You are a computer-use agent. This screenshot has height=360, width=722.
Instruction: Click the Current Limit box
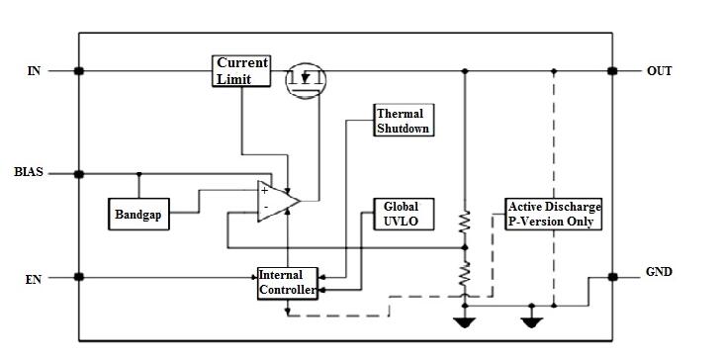[x=241, y=71]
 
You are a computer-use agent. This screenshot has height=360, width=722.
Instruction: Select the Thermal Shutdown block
[x=404, y=121]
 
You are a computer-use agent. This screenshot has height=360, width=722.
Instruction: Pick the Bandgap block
[x=138, y=215]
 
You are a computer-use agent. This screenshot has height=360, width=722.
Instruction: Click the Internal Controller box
[x=287, y=283]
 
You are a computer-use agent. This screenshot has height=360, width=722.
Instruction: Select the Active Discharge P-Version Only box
[x=553, y=214]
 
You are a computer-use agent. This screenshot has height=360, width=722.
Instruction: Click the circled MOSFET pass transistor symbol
[x=306, y=79]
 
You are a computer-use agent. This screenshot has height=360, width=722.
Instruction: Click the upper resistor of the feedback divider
[x=465, y=226]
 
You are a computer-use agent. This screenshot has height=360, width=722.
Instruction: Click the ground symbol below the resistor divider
[x=465, y=320]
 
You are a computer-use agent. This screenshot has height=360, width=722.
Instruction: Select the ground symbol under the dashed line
[x=532, y=320]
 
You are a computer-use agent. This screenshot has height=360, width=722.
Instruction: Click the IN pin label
[x=34, y=71]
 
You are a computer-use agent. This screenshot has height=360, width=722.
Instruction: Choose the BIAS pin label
[x=29, y=173]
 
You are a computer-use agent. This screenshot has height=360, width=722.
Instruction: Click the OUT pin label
[x=660, y=71]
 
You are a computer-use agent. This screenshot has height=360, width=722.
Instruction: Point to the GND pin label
[x=660, y=271]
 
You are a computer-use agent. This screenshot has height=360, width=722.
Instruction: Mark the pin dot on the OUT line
[x=612, y=71]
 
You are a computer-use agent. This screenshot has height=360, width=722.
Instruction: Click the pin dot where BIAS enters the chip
[x=79, y=173]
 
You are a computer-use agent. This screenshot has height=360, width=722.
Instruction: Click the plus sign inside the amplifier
[x=265, y=190]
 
